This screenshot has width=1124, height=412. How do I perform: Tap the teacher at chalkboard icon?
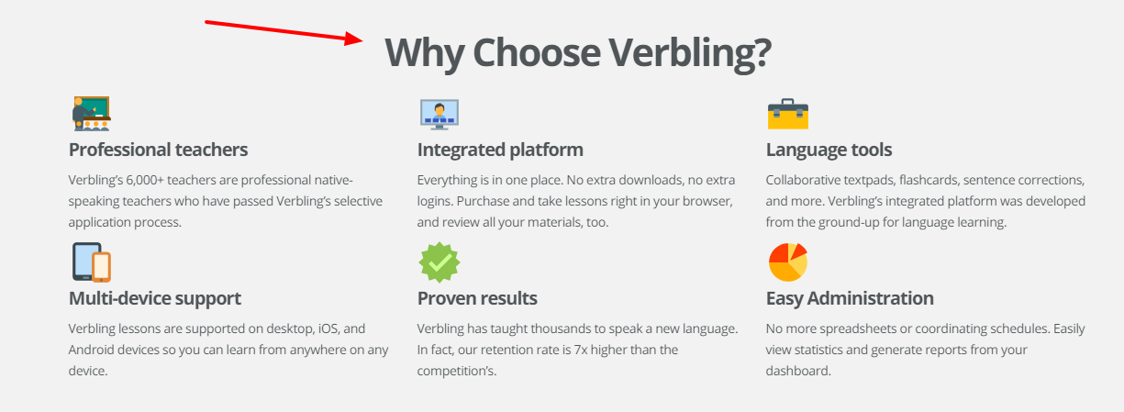point(91,114)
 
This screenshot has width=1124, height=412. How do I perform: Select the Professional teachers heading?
point(158,150)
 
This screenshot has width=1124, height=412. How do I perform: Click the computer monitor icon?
point(439,114)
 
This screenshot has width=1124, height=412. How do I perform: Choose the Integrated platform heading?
point(500,150)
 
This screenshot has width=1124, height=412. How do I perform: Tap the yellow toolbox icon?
point(787,114)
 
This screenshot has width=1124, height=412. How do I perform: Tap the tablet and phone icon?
point(91,262)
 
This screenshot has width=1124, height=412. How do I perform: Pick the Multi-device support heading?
point(155,298)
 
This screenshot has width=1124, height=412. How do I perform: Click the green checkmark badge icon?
point(439,262)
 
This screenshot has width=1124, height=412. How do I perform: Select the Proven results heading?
point(477,298)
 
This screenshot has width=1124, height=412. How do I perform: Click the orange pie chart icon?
point(787,262)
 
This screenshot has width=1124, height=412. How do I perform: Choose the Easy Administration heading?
point(850,298)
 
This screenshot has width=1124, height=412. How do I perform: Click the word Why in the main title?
point(423,52)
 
